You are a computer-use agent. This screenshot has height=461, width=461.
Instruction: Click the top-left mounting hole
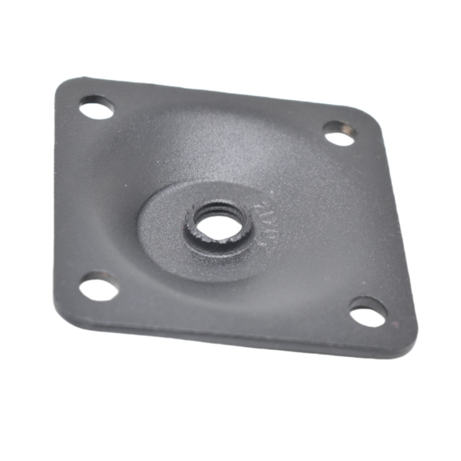[98, 108]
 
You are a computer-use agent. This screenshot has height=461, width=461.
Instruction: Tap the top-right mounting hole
[338, 132]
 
